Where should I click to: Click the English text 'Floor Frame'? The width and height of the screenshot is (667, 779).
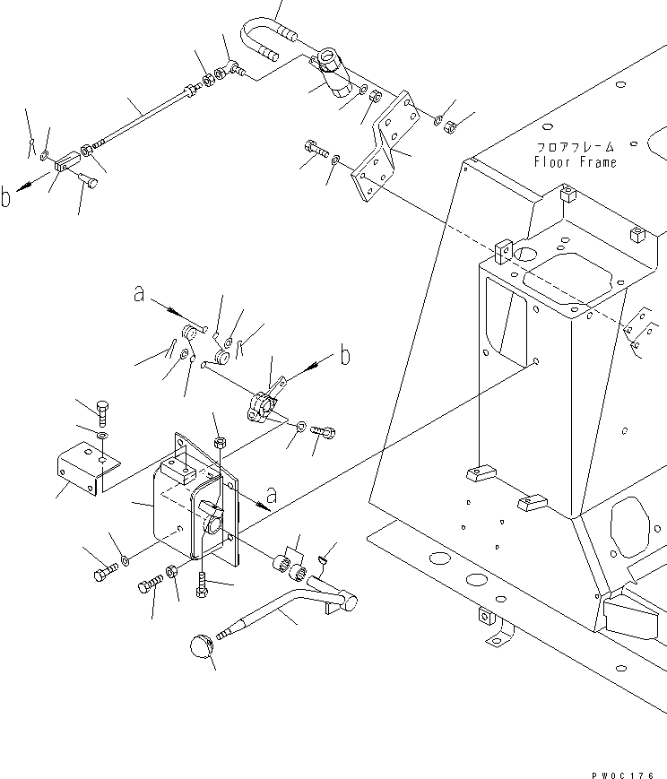pos(575,162)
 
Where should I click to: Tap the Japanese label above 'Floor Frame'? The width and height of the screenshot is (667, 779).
pos(575,147)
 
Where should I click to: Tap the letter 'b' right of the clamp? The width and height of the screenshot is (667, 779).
pos(344,356)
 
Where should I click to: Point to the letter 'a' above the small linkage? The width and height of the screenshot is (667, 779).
pos(139,293)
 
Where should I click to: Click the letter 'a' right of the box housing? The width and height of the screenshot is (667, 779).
pos(272,493)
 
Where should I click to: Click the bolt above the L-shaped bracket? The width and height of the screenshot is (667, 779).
pos(103,411)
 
